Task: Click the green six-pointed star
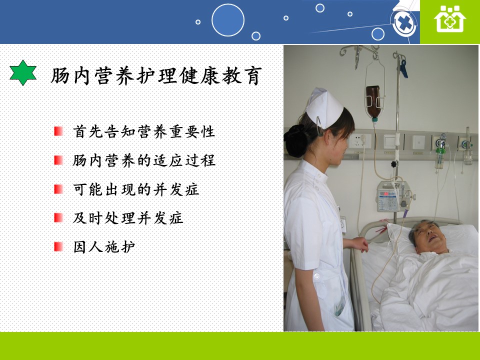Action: coord(23,72)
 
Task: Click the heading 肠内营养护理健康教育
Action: coord(156,76)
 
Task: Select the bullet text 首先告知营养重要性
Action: coord(144,131)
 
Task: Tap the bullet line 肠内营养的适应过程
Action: coord(144,160)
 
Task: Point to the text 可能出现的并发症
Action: coord(136,189)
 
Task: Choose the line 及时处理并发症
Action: coord(128,218)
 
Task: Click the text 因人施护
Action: coord(104,247)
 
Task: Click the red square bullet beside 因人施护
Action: coord(58,246)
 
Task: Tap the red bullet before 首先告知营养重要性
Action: coord(58,131)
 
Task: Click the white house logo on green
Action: coord(449,19)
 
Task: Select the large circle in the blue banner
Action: coord(228,20)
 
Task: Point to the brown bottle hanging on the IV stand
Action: coord(373,102)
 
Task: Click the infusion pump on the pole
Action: coord(393,196)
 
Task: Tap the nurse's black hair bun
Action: coord(295,141)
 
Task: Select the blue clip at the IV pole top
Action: coord(403,68)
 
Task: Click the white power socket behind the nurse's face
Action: coord(359,141)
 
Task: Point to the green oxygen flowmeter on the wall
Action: coord(439,151)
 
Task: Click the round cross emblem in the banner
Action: coord(404,23)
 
